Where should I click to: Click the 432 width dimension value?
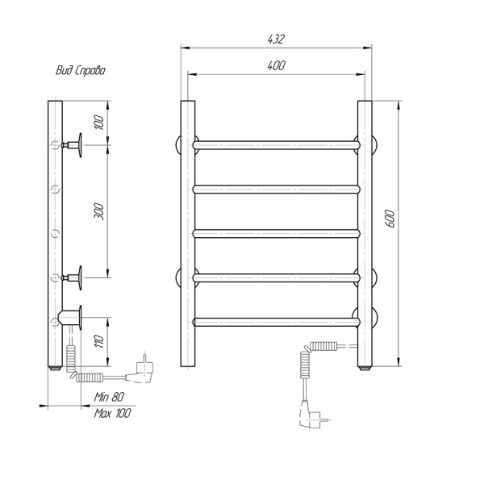(x=276, y=40)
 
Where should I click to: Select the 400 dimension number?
(x=276, y=65)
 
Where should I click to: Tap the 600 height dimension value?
(x=390, y=219)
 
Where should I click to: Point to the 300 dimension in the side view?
(x=99, y=211)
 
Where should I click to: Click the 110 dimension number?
(x=99, y=341)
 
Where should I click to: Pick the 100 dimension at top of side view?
(x=99, y=123)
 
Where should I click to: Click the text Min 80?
(x=109, y=397)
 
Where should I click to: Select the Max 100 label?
(x=112, y=413)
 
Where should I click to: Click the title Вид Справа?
(x=81, y=71)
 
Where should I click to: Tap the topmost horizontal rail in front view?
(x=277, y=145)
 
